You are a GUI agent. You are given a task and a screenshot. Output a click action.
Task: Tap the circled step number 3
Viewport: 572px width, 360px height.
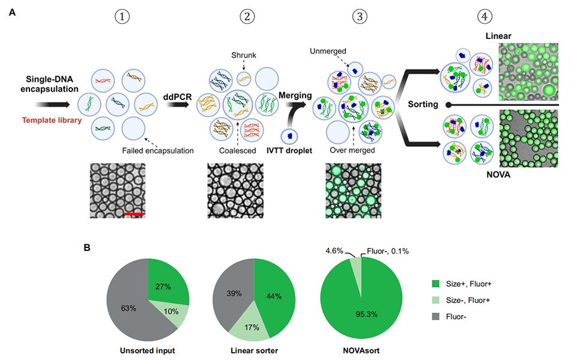click(x=361, y=16)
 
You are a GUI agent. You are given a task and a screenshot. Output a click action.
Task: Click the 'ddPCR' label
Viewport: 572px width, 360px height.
click(x=177, y=95)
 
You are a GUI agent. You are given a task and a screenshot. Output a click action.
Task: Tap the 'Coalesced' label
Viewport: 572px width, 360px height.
click(x=239, y=150)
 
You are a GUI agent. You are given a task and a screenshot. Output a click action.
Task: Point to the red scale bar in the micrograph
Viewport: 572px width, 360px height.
click(x=134, y=213)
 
